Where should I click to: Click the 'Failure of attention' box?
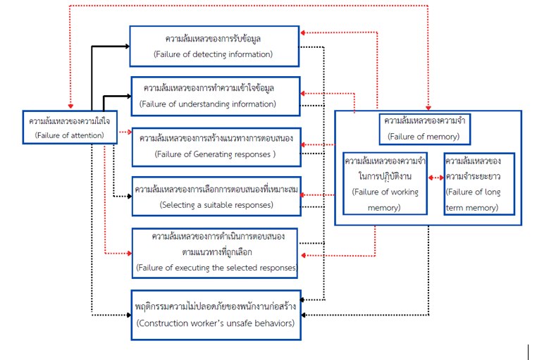tap(68, 127)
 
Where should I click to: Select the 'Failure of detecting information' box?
tap(214, 46)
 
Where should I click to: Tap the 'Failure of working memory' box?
tap(384, 184)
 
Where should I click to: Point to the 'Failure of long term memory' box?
tap(479, 184)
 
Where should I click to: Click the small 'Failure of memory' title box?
tap(424, 128)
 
